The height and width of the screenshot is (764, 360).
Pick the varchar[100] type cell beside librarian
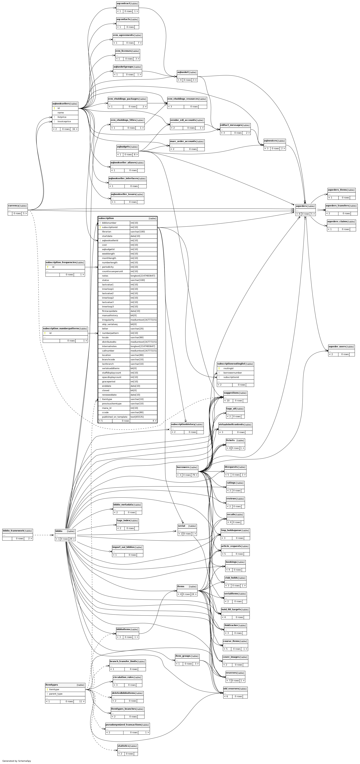[138, 232]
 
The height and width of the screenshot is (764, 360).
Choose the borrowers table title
[183, 467]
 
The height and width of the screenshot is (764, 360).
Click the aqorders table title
[301, 206]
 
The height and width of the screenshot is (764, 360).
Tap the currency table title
[13, 205]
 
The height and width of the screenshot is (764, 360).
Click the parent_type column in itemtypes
[56, 694]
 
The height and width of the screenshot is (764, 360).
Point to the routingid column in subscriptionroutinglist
[228, 368]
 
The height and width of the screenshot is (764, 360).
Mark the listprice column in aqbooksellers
[62, 117]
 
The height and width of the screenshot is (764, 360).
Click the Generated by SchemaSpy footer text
[17, 761]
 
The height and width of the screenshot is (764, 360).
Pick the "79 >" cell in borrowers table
[195, 475]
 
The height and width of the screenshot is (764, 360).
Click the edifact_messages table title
[231, 125]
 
